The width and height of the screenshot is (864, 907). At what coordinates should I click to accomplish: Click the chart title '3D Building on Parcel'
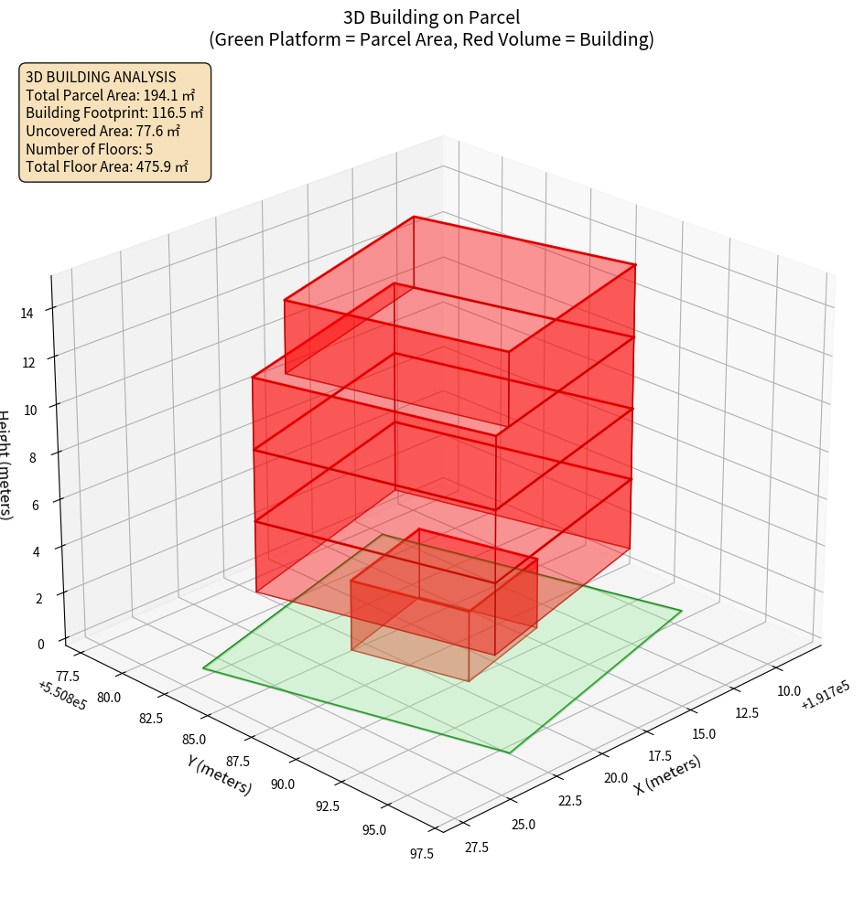[x=431, y=16]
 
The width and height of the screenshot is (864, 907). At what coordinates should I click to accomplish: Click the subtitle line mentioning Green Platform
[x=431, y=39]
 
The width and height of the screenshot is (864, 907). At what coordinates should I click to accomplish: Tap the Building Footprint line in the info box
[x=114, y=112]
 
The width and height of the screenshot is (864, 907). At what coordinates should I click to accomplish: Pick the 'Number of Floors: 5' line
[x=89, y=149]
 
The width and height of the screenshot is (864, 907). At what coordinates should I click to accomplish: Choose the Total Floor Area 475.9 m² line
[x=107, y=166]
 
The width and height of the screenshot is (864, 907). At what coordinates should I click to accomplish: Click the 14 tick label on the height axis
[x=27, y=314]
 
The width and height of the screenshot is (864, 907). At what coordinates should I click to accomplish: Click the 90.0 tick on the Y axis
[x=282, y=784]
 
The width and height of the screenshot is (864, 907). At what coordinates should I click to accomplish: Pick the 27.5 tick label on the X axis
[x=476, y=848]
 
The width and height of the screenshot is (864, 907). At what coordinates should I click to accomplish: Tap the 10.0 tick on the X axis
[x=788, y=691]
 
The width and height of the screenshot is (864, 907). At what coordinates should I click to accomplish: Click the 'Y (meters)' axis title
[x=219, y=774]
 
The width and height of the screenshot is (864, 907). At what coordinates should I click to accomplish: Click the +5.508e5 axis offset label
[x=63, y=696]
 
